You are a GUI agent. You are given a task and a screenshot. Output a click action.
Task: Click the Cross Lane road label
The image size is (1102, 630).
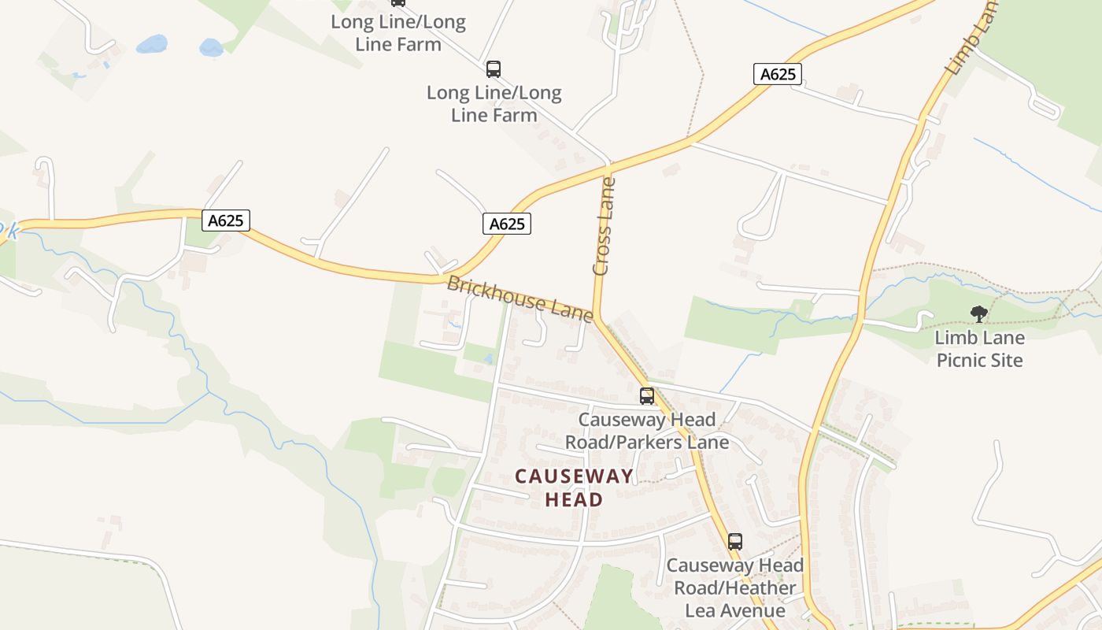(603, 227)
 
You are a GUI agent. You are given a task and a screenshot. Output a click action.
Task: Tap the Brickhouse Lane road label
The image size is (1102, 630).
(520, 298)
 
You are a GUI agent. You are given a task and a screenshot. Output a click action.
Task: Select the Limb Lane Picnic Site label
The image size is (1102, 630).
(979, 349)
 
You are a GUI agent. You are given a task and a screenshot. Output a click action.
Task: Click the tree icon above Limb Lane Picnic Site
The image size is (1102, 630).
(978, 314)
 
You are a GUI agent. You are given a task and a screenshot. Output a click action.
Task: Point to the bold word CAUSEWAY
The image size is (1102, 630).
(574, 476)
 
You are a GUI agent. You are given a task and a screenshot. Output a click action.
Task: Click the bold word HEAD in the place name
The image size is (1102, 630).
(574, 499)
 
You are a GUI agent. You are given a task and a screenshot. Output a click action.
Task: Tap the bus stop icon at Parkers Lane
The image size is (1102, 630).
(647, 396)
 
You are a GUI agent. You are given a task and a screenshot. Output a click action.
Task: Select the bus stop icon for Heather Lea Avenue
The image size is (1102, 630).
(734, 542)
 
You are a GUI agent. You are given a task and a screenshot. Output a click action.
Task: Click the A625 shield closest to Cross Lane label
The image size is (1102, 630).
(507, 224)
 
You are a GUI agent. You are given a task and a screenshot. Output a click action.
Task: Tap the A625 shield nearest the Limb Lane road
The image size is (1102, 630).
(778, 74)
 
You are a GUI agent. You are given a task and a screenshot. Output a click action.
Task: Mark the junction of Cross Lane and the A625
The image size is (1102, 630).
(608, 167)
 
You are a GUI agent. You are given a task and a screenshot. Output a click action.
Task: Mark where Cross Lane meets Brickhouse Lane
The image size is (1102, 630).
(596, 317)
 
